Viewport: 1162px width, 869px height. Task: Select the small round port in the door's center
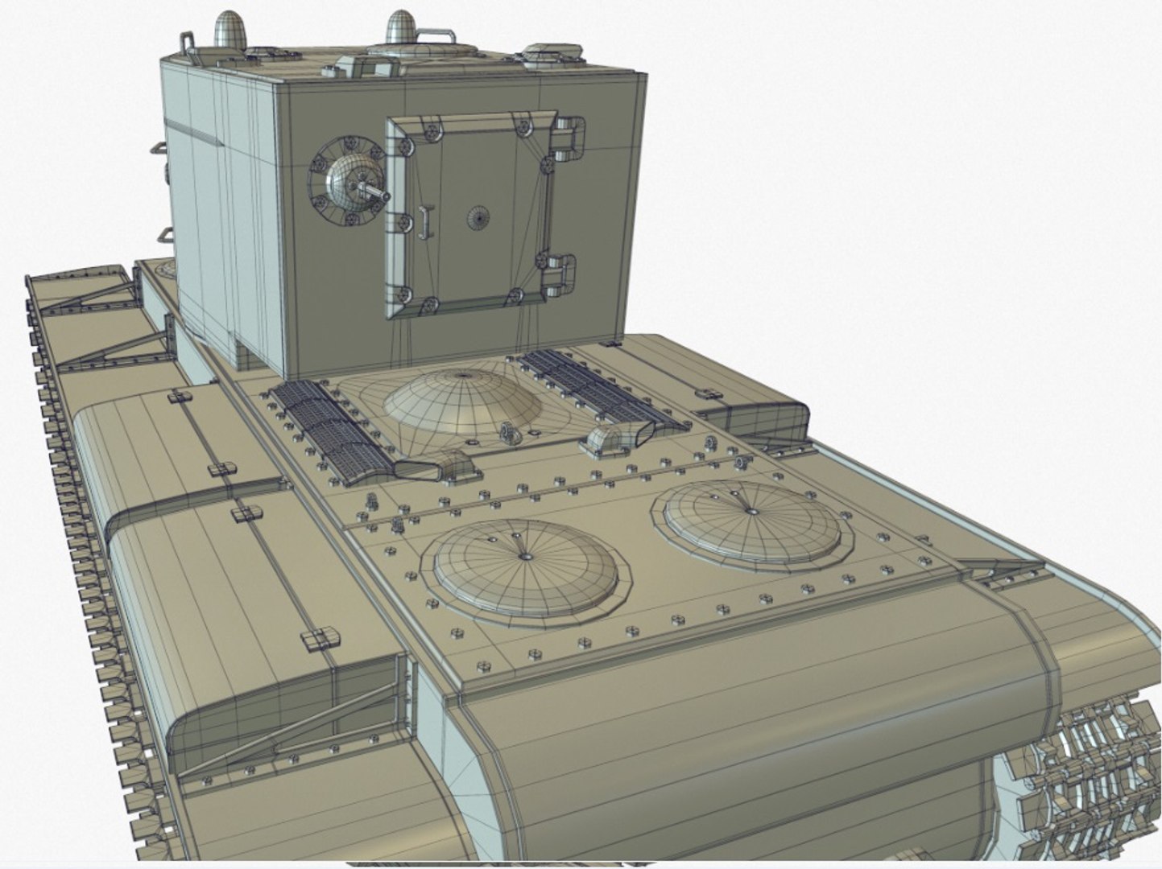(478, 216)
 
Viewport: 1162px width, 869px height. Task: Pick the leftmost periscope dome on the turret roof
(230, 31)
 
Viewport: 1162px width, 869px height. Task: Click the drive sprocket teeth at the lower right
(1087, 772)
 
